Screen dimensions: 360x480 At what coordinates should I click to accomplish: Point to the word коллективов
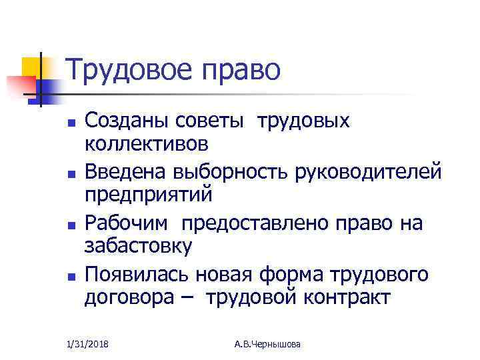[146, 143]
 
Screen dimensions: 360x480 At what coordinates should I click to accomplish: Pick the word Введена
[126, 173]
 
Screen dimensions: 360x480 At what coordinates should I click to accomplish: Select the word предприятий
[148, 195]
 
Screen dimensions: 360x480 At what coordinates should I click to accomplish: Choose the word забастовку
[138, 245]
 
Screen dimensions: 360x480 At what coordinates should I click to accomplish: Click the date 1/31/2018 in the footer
[88, 344]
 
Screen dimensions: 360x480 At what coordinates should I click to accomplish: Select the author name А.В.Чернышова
[268, 344]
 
